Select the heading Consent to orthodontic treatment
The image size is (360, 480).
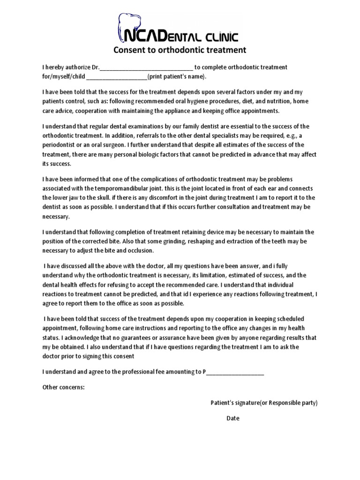180,50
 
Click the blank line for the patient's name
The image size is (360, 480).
117,77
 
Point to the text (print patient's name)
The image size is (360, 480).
177,77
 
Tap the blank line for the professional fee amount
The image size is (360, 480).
235,372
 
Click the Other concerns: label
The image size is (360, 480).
64,387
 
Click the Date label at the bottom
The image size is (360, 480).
233,419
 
